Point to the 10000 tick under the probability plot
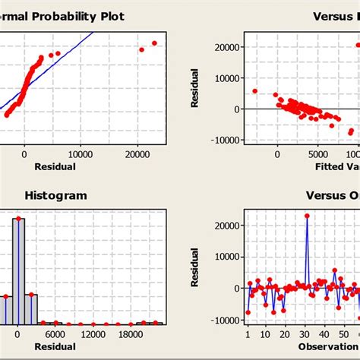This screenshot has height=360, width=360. (x=81, y=153)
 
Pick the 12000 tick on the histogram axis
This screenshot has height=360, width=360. (x=93, y=333)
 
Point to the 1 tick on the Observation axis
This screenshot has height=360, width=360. (x=248, y=333)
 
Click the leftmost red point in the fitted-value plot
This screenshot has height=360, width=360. (x=255, y=91)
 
